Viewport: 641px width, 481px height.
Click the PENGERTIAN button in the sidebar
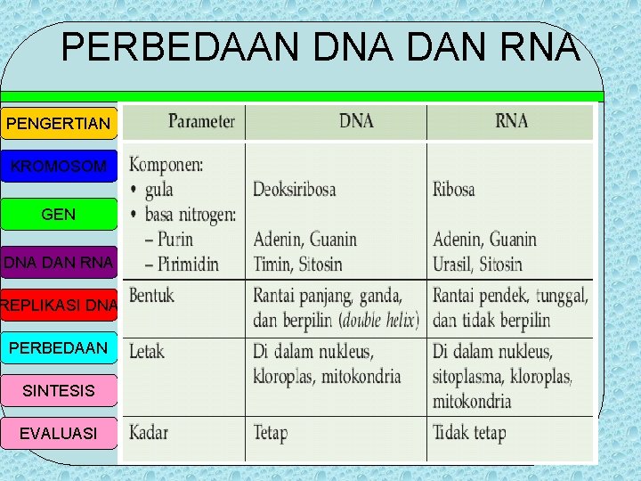click(59, 122)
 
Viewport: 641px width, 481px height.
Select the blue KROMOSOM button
click(59, 167)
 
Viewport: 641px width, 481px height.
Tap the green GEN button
click(59, 215)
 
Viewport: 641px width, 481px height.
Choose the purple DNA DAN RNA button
click(59, 262)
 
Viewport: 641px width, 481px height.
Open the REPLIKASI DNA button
click(59, 306)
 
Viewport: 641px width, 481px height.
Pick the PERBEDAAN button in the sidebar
click(59, 347)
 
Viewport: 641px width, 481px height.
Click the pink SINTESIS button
click(59, 390)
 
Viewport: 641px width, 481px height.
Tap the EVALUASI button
click(59, 433)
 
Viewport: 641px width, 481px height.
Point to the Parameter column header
click(202, 121)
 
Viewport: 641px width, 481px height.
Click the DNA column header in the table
click(356, 121)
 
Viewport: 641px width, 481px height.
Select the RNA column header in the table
click(511, 121)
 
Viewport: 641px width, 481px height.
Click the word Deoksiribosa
click(295, 189)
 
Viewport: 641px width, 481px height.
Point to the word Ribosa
click(454, 189)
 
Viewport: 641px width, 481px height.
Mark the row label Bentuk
click(152, 295)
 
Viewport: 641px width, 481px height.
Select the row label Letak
click(148, 351)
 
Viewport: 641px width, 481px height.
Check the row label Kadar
click(149, 433)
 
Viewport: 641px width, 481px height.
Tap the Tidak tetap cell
click(469, 434)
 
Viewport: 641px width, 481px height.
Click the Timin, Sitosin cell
click(297, 264)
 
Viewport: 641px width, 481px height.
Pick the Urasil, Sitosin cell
click(478, 264)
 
